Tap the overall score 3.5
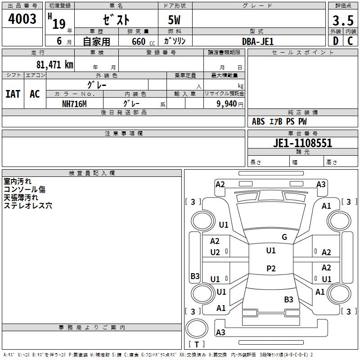coord(342,20)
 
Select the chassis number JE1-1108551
coord(302,144)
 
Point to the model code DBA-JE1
coord(258,41)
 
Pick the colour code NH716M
coord(74,103)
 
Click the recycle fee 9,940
coord(224,103)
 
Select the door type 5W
coord(175,20)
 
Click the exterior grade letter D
coord(335,41)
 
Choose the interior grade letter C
coord(350,41)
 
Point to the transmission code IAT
coord(13,94)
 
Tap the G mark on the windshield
coord(284,237)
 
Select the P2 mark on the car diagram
coord(271,269)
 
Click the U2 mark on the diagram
coord(215,252)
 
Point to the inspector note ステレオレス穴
coord(28,206)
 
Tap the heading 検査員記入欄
coord(92,173)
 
